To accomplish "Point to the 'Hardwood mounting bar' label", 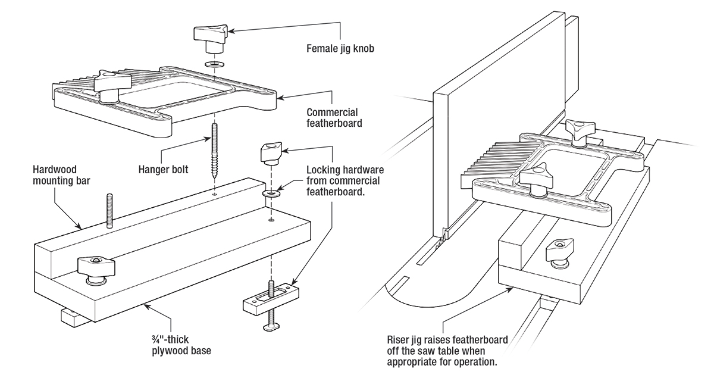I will point(57,173).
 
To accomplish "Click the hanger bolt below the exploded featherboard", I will point(214,152).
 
